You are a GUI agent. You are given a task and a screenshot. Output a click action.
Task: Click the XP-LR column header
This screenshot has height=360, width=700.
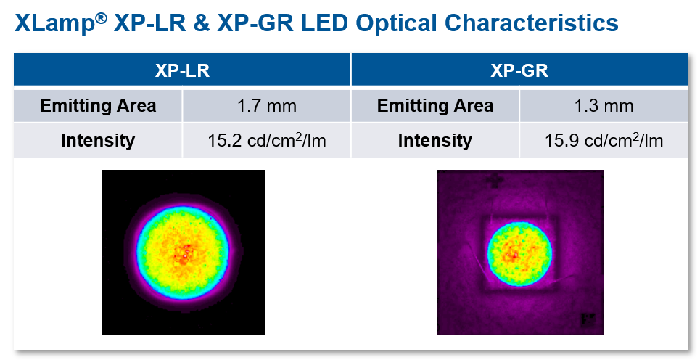coord(182,71)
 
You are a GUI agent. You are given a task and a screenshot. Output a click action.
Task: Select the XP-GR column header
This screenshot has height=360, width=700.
coord(519,71)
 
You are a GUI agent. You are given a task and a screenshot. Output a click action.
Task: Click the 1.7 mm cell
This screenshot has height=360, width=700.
coord(266,106)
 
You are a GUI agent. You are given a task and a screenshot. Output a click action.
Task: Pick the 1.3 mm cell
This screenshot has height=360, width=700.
coord(604,106)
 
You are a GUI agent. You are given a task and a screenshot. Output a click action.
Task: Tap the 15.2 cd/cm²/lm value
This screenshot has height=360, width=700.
coord(266,140)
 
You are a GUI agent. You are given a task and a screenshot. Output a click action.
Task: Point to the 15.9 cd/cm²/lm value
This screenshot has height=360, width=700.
coord(604,140)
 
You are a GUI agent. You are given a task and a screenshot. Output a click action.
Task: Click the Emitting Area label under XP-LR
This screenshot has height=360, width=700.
coord(98,106)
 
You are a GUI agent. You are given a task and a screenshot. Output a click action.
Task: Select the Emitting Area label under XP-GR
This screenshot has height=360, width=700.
coord(435,106)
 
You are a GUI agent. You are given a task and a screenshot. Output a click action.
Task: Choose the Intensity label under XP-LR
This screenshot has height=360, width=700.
coord(98,140)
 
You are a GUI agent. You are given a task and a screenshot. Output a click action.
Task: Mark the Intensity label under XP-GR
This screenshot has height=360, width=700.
coord(435,140)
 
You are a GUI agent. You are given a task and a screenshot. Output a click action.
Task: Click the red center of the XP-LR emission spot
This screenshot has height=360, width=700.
coord(185,253)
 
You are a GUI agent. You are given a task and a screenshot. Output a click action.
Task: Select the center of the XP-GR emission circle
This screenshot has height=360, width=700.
coord(519,253)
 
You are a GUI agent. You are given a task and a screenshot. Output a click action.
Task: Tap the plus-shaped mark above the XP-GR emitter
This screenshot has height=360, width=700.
coord(495,180)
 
